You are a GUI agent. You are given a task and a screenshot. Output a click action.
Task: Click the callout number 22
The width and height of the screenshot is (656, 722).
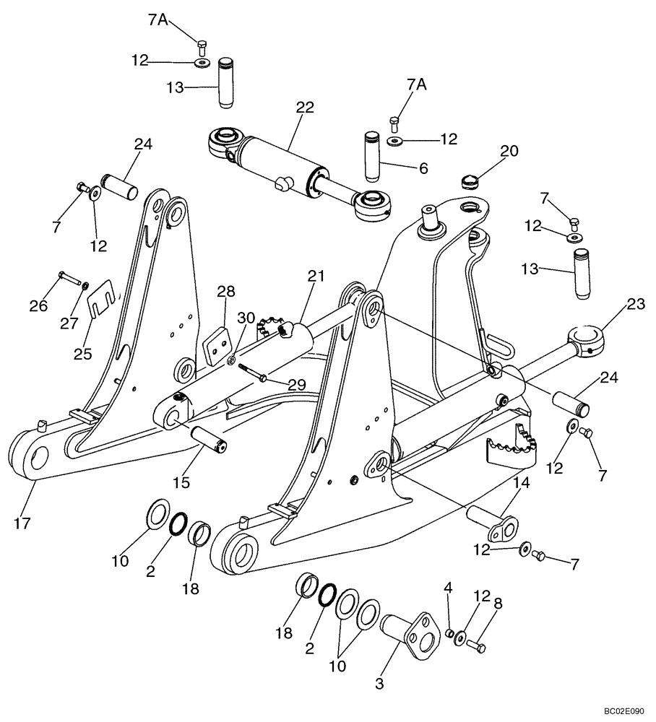click(305, 107)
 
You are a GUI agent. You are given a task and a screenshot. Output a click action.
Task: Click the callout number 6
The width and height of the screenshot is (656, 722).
click(423, 168)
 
